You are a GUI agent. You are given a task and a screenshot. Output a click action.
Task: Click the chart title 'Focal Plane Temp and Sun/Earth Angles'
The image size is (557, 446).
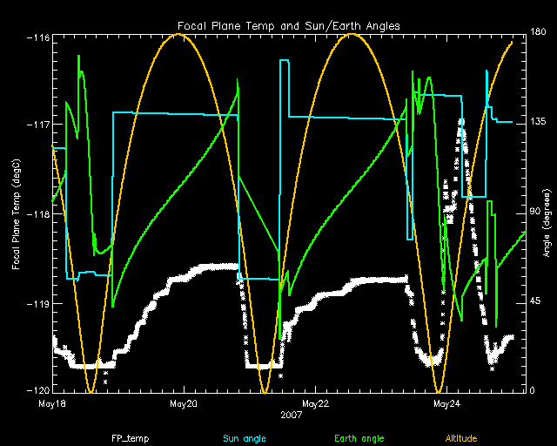pos(289,26)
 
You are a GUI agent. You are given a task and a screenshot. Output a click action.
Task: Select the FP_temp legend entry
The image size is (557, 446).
pos(130,438)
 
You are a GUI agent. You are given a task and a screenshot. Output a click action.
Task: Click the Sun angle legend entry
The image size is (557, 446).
pos(245,438)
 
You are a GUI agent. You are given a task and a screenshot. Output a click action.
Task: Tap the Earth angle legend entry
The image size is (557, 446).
pos(359,438)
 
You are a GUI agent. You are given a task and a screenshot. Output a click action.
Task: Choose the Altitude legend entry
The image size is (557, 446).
pos(461,438)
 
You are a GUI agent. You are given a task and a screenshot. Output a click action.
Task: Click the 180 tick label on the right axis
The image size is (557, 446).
pos(538,31)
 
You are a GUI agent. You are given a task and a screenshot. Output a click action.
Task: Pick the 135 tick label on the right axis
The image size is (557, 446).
pos(538,122)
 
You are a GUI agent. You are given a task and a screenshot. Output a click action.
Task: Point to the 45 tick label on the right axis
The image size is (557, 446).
pos(535,301)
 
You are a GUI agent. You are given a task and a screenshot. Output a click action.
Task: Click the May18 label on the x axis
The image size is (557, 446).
pos(52,403)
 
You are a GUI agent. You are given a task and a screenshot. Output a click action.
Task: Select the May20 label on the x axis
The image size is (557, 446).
pos(184,403)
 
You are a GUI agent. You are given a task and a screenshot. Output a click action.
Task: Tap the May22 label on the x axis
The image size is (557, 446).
pos(315,403)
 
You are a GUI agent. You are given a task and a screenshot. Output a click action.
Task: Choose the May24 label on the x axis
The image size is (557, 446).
pos(446,403)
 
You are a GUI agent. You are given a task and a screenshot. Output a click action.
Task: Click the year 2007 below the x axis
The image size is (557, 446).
pos(291,415)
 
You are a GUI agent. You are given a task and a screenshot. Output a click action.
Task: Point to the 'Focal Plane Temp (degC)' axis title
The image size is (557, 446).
pos(17,214)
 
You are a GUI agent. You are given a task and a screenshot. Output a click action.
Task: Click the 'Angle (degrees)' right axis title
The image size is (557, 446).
pos(547,223)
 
